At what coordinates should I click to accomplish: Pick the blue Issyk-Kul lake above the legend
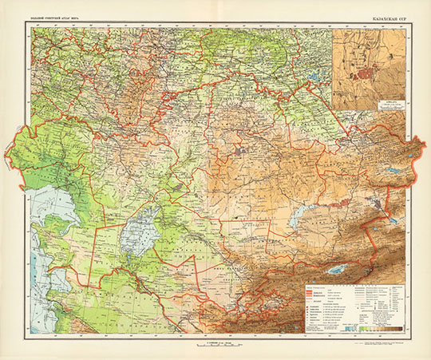coord(340,269)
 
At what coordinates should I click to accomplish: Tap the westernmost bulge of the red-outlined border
coord(8,148)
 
